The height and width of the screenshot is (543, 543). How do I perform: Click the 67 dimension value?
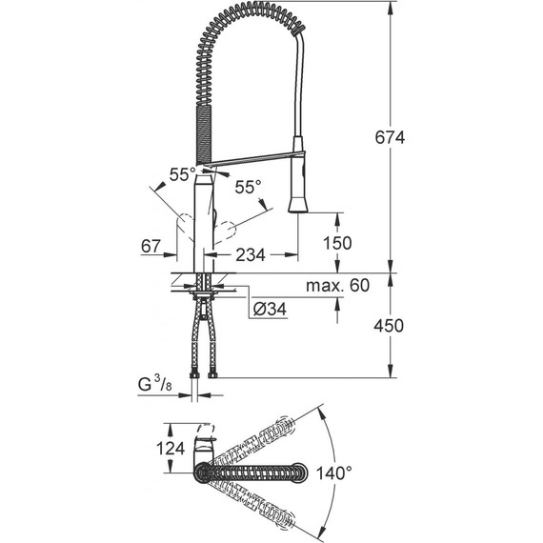(150, 247)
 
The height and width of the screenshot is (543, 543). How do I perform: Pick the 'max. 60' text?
(337, 284)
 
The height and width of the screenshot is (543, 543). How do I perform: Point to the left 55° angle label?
(181, 174)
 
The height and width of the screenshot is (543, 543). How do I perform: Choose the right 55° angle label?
(248, 189)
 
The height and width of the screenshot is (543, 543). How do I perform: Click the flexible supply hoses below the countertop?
(204, 338)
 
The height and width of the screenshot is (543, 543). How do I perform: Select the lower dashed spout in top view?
(257, 502)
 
